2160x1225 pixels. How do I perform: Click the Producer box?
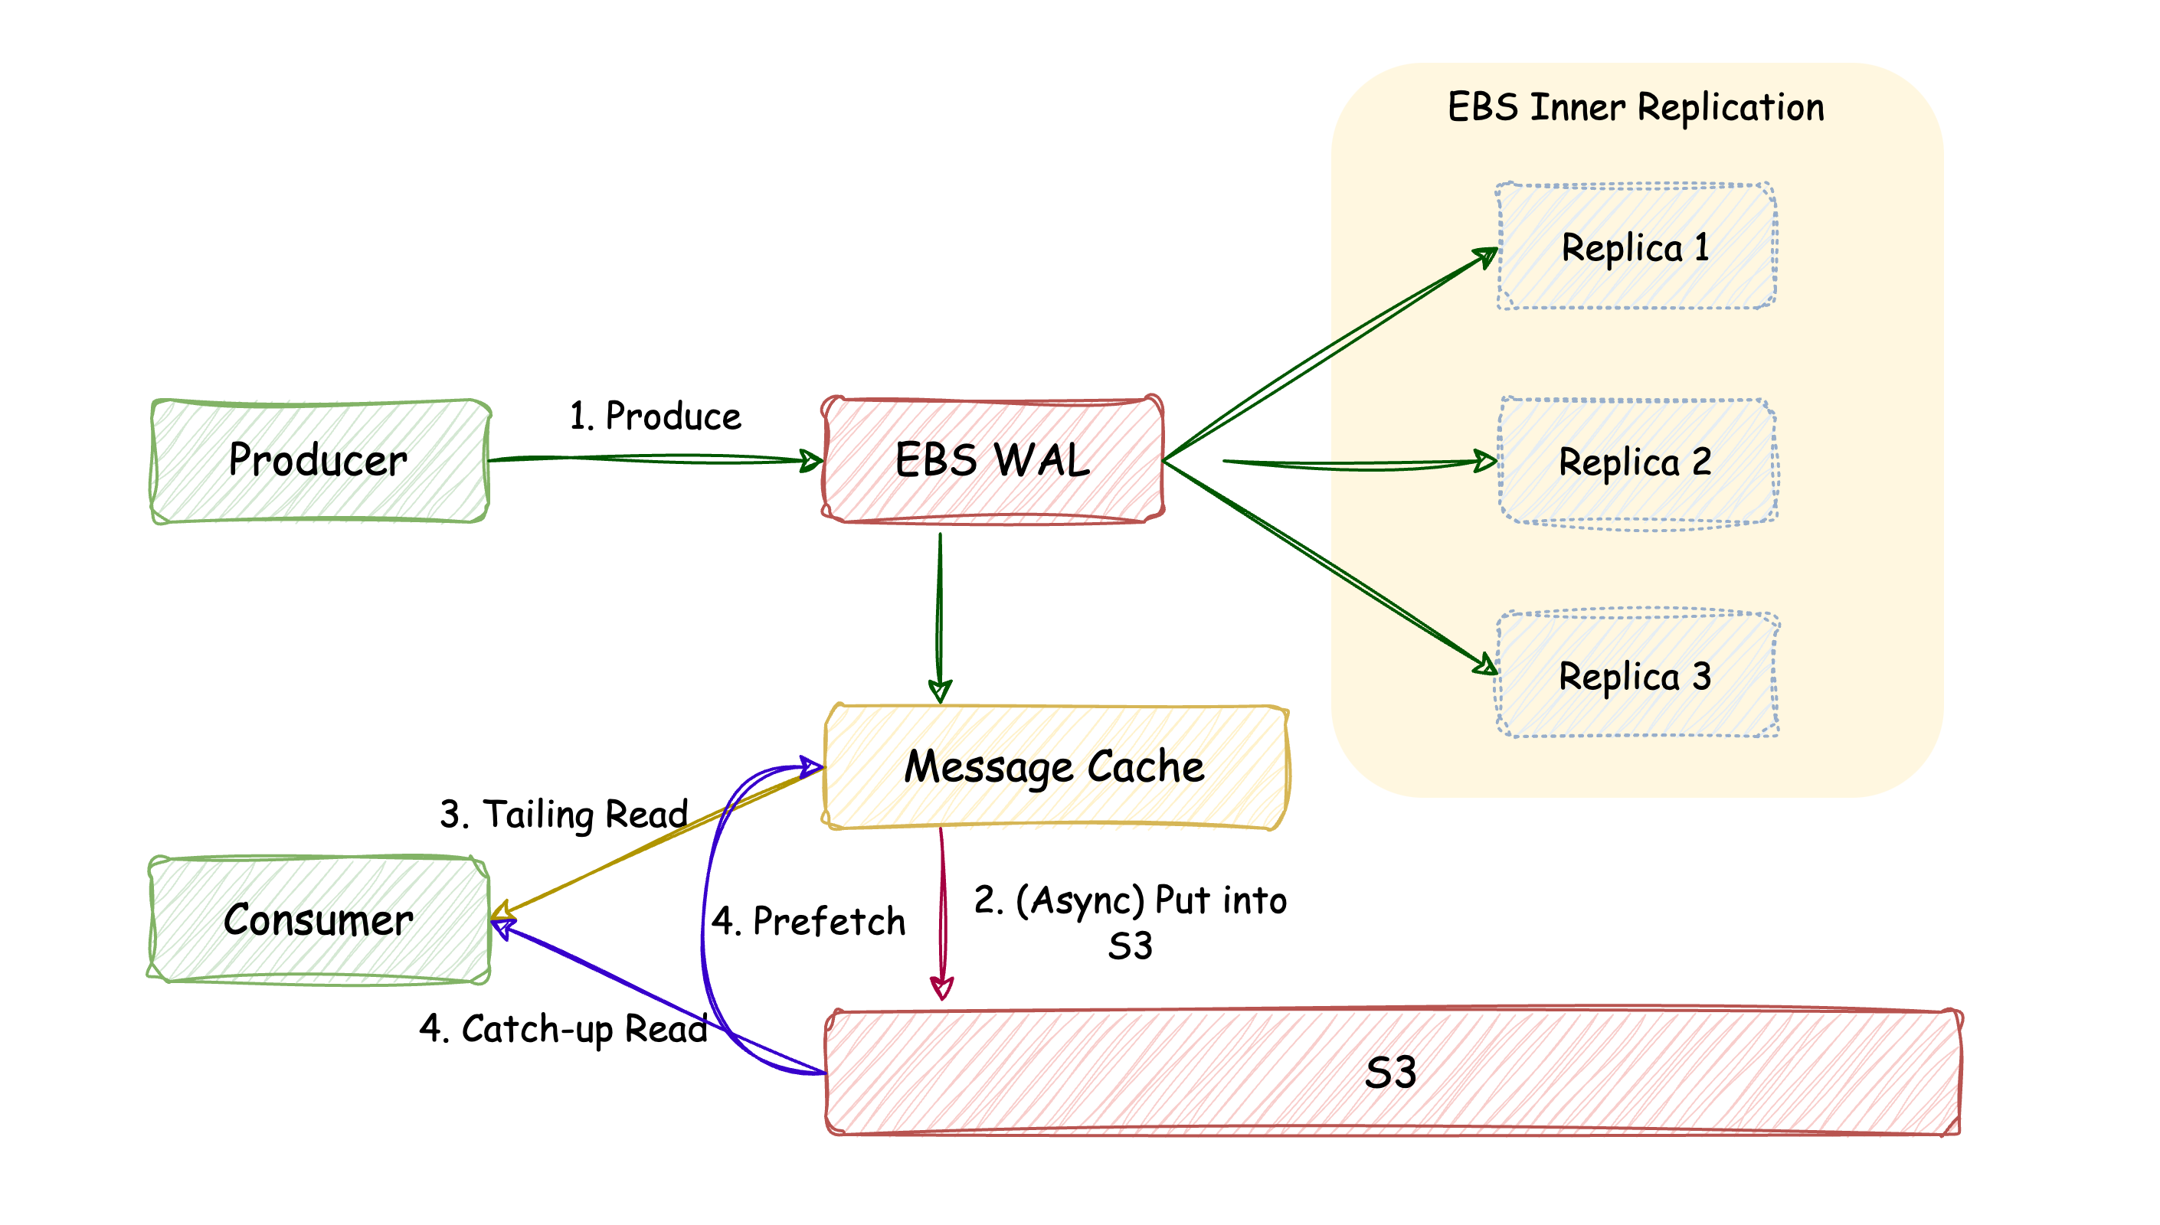pyautogui.click(x=319, y=461)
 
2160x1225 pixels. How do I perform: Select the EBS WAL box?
pyautogui.click(x=993, y=460)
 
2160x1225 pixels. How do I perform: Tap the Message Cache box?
pyautogui.click(x=1055, y=766)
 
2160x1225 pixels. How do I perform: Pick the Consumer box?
pyautogui.click(x=319, y=920)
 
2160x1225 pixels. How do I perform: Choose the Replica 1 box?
pyautogui.click(x=1636, y=247)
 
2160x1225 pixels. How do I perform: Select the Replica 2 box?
pyautogui.click(x=1636, y=462)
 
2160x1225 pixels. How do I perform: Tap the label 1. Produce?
pyautogui.click(x=656, y=416)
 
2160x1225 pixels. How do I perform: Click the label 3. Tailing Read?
pyautogui.click(x=564, y=815)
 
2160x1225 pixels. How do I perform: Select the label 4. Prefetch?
pyautogui.click(x=809, y=921)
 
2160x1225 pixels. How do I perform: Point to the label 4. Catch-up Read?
pyautogui.click(x=564, y=1029)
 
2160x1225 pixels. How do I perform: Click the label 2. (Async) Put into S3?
pyautogui.click(x=1130, y=922)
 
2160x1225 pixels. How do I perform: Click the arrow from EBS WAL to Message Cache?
pyautogui.click(x=940, y=614)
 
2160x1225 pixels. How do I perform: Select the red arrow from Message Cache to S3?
pyautogui.click(x=942, y=913)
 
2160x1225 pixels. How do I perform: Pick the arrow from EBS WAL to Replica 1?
pyautogui.click(x=1330, y=354)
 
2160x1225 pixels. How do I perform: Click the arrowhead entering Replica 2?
pyautogui.click(x=1485, y=461)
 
